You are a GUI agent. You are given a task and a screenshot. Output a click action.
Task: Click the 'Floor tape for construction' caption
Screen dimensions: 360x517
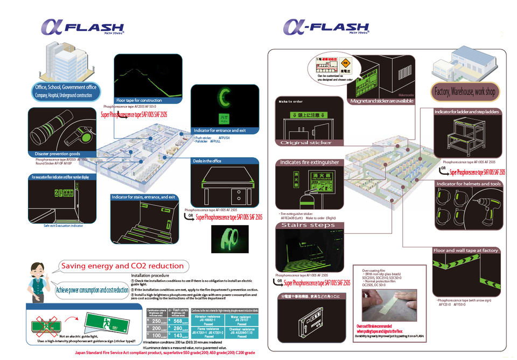[139, 100]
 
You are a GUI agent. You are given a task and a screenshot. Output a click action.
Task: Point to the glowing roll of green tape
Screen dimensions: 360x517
[226, 236]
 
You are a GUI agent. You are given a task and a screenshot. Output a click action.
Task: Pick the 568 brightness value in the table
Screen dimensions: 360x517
[176, 321]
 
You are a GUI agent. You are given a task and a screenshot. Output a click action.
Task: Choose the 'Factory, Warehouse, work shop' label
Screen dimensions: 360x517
[464, 92]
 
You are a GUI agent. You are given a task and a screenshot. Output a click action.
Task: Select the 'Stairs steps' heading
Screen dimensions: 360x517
[308, 225]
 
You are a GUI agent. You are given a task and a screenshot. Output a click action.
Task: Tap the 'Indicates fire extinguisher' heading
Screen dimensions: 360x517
[310, 162]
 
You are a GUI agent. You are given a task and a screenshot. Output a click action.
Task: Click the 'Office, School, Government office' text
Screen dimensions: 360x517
[66, 87]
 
